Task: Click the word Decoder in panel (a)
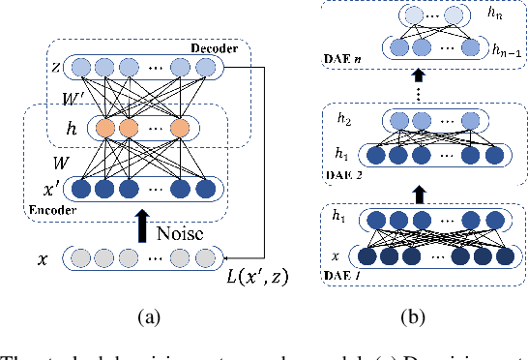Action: pos(217,47)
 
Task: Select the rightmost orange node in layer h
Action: pos(179,128)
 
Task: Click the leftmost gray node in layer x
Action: pos(78,258)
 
